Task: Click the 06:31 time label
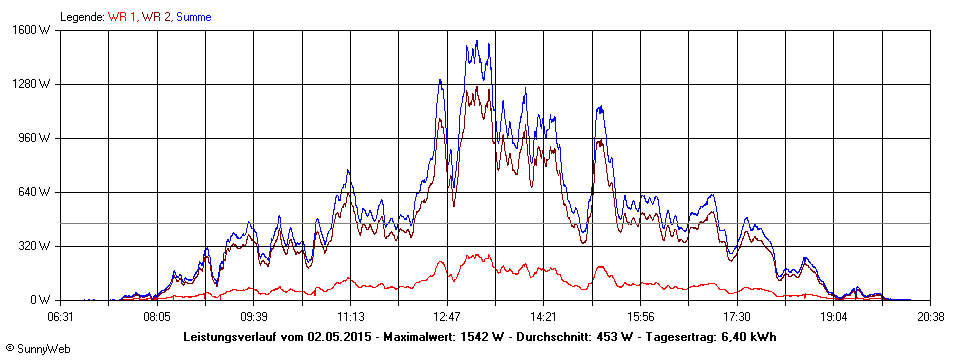point(60,316)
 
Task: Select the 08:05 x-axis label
point(157,316)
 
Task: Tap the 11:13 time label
point(350,316)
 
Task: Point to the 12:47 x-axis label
point(447,316)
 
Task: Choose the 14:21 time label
point(543,316)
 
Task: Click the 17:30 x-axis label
point(737,316)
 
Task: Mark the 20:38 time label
point(930,316)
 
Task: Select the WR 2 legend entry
point(156,17)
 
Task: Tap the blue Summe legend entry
point(193,17)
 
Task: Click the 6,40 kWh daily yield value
point(749,337)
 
